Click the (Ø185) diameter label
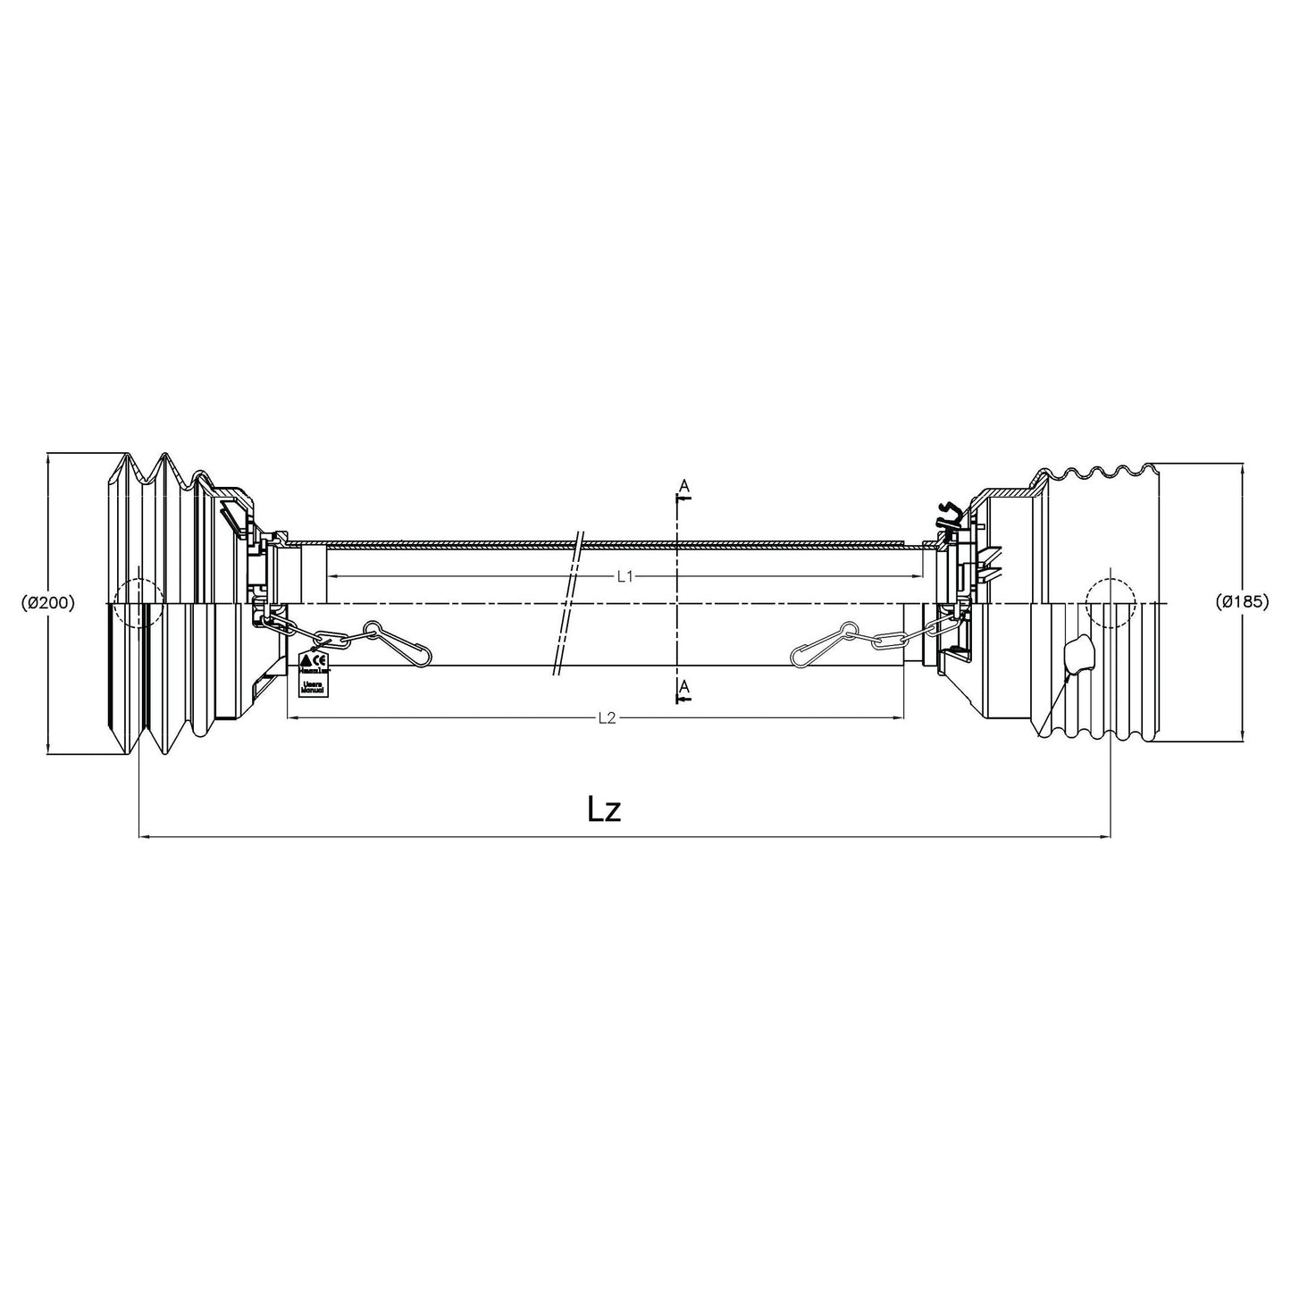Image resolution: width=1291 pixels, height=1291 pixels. pyautogui.click(x=1242, y=602)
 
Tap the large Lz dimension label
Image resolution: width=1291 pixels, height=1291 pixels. pyautogui.click(x=604, y=809)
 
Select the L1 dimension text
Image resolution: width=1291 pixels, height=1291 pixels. pyautogui.click(x=625, y=577)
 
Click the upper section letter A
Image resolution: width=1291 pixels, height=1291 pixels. pyautogui.click(x=683, y=485)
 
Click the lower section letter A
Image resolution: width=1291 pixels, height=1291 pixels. pyautogui.click(x=683, y=686)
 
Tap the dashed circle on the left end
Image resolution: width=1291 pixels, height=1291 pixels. pyautogui.click(x=139, y=602)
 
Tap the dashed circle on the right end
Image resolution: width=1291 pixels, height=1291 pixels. pyautogui.click(x=1111, y=602)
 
